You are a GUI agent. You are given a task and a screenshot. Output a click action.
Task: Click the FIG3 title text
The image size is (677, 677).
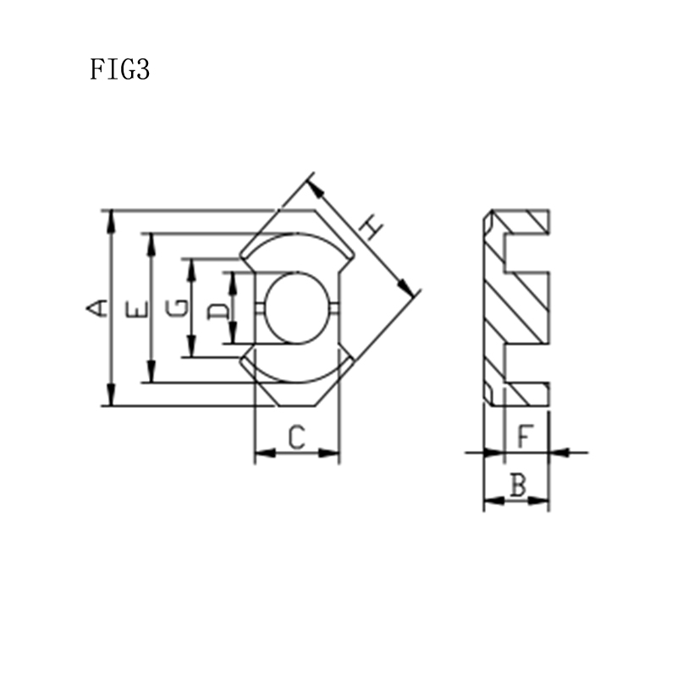[x=119, y=69]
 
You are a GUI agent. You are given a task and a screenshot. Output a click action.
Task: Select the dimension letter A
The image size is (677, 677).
[x=96, y=308]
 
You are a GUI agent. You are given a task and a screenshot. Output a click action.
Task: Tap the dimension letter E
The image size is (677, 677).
[x=136, y=310]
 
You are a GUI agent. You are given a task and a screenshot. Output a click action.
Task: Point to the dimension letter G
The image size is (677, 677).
[x=178, y=308]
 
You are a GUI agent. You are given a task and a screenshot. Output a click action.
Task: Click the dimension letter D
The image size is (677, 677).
[x=217, y=311]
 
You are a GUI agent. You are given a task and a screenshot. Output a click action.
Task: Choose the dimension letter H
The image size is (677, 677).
[x=371, y=228]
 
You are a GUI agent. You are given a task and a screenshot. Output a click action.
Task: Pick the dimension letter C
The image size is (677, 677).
[x=297, y=437]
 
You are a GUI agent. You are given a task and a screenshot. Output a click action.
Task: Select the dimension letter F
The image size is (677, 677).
[x=526, y=436]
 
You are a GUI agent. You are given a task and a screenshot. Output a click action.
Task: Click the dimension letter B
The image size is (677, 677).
[x=519, y=484]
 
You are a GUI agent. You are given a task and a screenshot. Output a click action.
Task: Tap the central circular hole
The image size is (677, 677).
[x=297, y=308]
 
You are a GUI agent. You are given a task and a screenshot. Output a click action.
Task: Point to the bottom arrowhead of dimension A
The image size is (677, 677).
[x=112, y=395]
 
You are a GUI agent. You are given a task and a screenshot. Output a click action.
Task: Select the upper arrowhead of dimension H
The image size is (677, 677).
[x=316, y=189]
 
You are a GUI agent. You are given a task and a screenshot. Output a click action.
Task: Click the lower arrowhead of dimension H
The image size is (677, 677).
[x=405, y=288]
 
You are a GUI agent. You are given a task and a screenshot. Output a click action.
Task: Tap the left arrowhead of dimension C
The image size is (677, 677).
[x=265, y=453]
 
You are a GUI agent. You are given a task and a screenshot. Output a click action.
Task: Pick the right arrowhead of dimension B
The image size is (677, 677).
[x=538, y=501]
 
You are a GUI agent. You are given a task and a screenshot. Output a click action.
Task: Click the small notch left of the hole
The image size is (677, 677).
[x=260, y=308]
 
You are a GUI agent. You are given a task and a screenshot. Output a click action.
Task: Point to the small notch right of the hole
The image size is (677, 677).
[x=334, y=308]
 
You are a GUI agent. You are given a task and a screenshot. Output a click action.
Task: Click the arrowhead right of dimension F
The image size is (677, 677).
[x=559, y=453]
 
